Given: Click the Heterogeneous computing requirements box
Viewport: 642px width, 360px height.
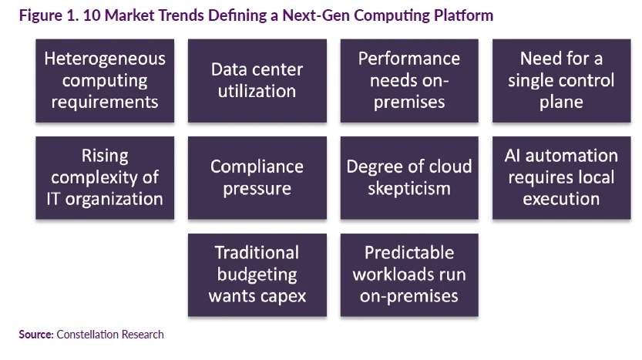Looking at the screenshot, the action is (105, 81).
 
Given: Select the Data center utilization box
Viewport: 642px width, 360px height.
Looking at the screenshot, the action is (257, 81).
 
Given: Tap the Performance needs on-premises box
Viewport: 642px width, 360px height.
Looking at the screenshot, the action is (409, 81).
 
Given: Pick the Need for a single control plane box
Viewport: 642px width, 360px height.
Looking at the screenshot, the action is (561, 81).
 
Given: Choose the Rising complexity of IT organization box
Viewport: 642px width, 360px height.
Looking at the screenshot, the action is (105, 178).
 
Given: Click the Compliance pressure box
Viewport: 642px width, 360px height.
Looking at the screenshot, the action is (257, 178).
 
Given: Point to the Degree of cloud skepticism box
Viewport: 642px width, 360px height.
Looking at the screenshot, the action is (409, 178).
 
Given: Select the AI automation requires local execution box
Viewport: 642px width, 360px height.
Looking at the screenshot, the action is (561, 178).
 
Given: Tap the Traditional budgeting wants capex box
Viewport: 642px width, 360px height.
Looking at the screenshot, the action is (257, 274).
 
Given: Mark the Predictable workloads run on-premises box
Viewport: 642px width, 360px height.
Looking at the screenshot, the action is (409, 274).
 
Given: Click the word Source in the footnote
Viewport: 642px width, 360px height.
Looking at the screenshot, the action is (35, 335).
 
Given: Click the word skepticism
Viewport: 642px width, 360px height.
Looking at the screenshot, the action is (409, 189).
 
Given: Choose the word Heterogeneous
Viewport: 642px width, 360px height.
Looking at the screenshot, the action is (105, 59).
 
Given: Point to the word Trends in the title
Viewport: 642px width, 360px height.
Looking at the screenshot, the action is (181, 15).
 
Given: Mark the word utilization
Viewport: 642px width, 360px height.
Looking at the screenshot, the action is (257, 91).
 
